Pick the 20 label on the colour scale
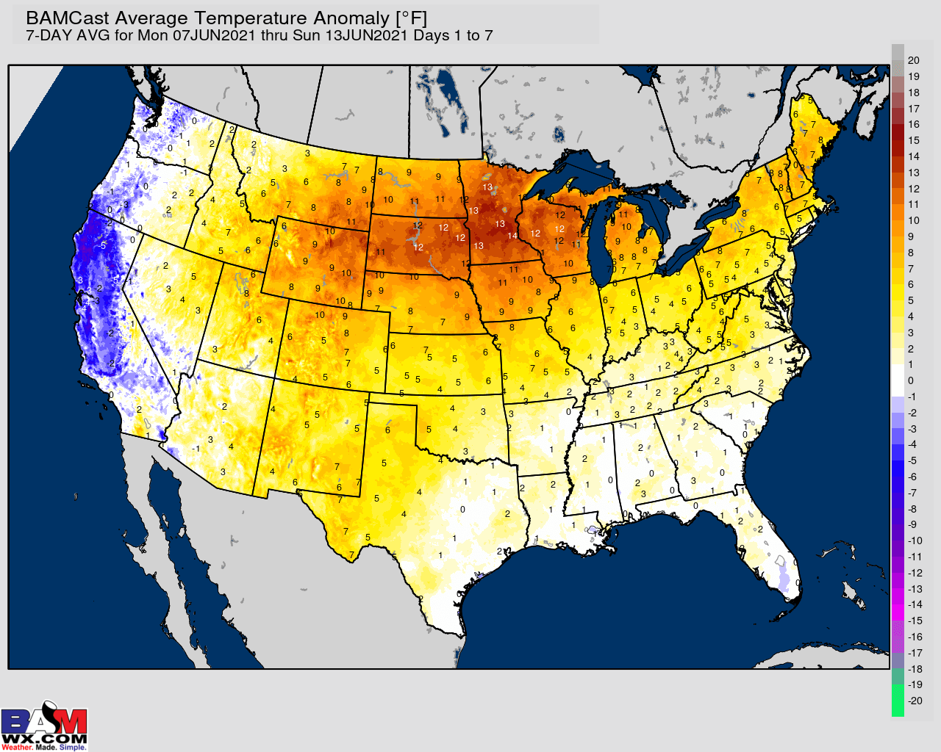click(x=914, y=60)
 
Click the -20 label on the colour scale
click(x=915, y=701)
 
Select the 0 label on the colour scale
click(x=911, y=380)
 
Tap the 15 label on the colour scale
click(x=914, y=140)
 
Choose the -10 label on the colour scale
click(x=915, y=540)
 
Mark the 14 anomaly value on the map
click(x=512, y=236)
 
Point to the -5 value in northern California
click(x=104, y=245)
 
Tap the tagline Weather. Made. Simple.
click(x=44, y=748)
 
